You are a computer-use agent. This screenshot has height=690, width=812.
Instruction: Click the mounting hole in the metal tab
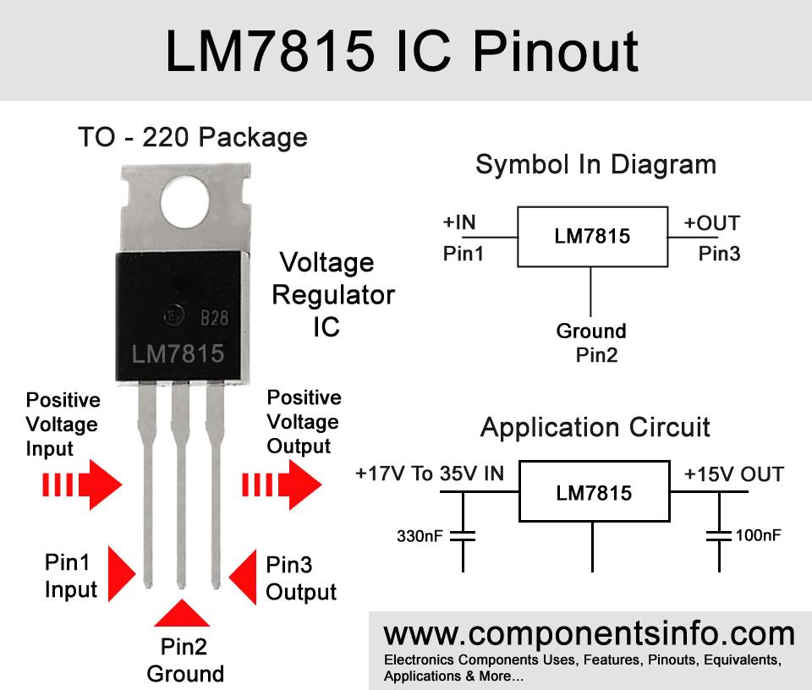[x=185, y=202]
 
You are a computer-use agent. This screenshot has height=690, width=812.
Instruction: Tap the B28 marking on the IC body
[x=214, y=318]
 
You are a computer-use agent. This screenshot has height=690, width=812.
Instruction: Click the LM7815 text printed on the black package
[x=178, y=354]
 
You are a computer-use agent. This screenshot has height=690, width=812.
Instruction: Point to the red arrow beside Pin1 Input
[x=122, y=573]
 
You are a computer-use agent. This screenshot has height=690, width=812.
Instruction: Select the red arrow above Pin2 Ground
[x=182, y=613]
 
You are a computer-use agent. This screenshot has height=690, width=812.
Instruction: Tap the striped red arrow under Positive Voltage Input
[x=82, y=485]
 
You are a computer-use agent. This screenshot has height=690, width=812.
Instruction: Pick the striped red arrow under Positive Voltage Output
[x=282, y=485]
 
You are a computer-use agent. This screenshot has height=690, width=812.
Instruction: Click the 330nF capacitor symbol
[x=463, y=536]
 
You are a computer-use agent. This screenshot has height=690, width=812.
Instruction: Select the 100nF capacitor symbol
[x=719, y=536]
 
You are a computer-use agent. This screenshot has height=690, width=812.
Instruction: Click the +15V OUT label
[x=734, y=474]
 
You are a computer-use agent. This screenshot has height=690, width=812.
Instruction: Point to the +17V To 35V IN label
[x=430, y=474]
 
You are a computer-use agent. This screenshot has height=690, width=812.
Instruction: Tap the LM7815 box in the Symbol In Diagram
[x=592, y=237]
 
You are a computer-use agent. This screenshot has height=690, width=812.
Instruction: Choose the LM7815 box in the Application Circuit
[x=594, y=491]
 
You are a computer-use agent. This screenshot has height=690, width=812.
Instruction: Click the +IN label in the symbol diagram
[x=458, y=222]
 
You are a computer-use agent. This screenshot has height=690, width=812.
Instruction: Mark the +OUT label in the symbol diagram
[x=711, y=223]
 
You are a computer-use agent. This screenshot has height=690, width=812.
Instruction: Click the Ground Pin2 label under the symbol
[x=592, y=342]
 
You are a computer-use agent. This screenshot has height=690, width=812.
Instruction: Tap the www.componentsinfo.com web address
[x=589, y=633]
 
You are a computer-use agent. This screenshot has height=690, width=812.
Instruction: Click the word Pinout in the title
[x=556, y=52]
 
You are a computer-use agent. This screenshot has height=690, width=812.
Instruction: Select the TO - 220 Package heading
[x=193, y=138]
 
